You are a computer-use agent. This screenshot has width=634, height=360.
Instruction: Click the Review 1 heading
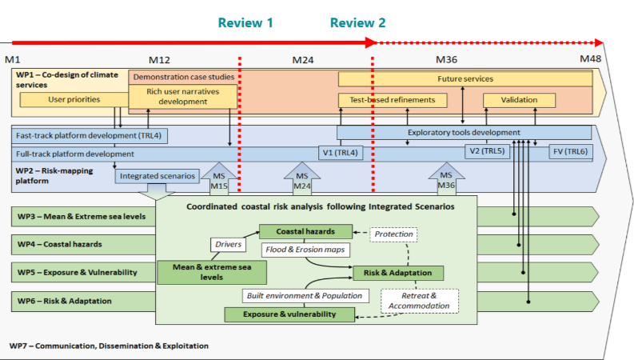point(245,23)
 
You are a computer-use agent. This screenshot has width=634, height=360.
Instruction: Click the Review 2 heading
point(357,23)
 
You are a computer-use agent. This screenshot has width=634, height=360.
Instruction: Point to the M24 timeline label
point(303,60)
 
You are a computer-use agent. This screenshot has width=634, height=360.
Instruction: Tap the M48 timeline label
point(591,60)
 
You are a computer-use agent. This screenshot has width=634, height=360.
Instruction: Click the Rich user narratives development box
point(183,97)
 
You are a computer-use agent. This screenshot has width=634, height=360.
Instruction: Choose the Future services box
point(465,79)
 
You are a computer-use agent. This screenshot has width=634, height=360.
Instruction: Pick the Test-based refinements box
point(393,100)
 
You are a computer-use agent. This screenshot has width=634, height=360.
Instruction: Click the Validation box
point(519,100)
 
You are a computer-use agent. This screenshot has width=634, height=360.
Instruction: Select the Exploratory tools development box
point(464,132)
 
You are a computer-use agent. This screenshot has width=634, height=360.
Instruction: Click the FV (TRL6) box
point(569,152)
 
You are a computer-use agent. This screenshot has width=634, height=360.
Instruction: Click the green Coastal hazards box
point(305,232)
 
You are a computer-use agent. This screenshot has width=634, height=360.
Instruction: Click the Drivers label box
point(227,244)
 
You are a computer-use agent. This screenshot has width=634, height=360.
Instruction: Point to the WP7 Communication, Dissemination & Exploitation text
point(109,346)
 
